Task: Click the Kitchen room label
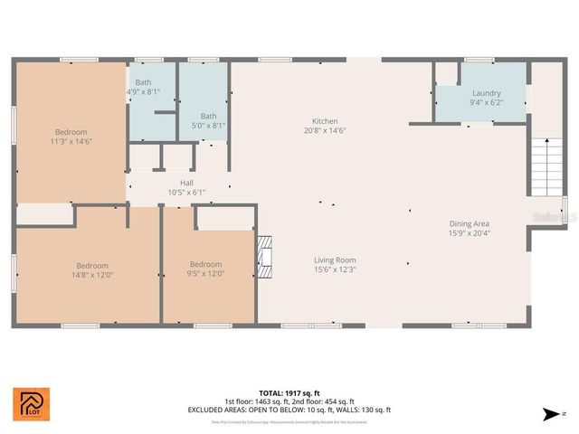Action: [x=325, y=121]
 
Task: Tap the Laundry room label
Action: [x=486, y=93]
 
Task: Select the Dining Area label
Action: [x=470, y=223]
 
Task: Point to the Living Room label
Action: [x=335, y=260]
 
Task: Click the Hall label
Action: [x=186, y=183]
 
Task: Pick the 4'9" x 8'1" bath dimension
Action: [x=143, y=91]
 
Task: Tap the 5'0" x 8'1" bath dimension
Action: [x=208, y=126]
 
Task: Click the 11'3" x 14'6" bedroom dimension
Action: [x=71, y=141]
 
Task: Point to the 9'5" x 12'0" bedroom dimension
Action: [x=205, y=274]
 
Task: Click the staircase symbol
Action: [x=546, y=168]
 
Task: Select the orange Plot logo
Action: [x=32, y=404]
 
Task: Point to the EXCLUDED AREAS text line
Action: [x=289, y=410]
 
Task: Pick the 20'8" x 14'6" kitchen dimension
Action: [x=325, y=130]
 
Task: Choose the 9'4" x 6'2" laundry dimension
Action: [x=486, y=102]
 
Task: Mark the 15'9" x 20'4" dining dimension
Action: [x=470, y=232]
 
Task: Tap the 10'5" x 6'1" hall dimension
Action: [x=186, y=192]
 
